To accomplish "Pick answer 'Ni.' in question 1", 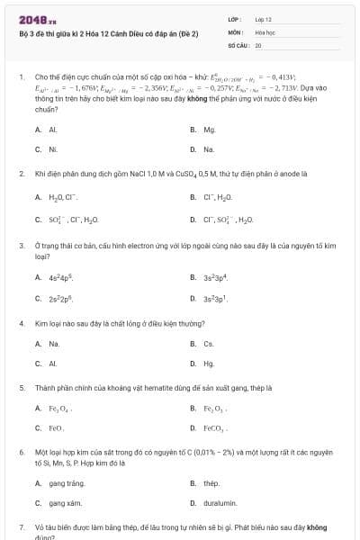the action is click(x=53, y=149).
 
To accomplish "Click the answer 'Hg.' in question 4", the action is click(x=209, y=364).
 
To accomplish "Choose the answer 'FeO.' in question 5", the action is click(x=56, y=429).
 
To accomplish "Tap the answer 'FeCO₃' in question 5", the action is click(x=216, y=429).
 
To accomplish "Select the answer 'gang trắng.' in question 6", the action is click(x=66, y=483).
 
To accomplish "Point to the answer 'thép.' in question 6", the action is click(x=211, y=483).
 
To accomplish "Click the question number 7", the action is click(x=21, y=525).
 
